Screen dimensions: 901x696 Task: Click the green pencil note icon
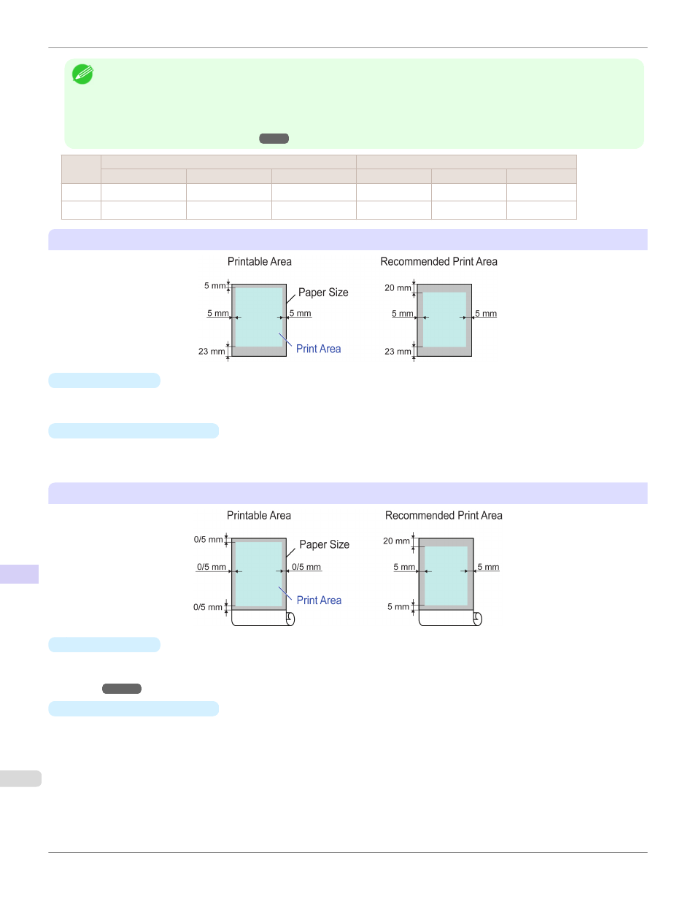pyautogui.click(x=82, y=74)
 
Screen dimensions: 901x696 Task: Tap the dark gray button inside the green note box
pyautogui.click(x=274, y=139)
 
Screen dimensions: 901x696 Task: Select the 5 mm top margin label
pyautogui.click(x=214, y=286)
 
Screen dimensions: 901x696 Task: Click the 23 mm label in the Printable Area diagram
pyautogui.click(x=212, y=352)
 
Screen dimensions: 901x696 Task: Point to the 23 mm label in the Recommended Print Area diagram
pyautogui.click(x=398, y=352)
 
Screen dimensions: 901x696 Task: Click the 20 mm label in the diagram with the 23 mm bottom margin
pyautogui.click(x=398, y=288)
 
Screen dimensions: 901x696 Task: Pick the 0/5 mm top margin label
pyautogui.click(x=208, y=540)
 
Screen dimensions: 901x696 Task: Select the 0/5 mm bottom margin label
pyautogui.click(x=207, y=607)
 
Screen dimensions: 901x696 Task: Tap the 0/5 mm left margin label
pyautogui.click(x=211, y=567)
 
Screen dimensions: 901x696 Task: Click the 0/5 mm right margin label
pyautogui.click(x=306, y=567)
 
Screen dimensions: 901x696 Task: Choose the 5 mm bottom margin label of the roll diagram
pyautogui.click(x=398, y=607)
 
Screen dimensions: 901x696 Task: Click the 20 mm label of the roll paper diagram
pyautogui.click(x=396, y=541)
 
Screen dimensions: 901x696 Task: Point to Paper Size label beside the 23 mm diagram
pyautogui.click(x=323, y=293)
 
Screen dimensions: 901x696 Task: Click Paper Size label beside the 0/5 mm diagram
pyautogui.click(x=324, y=545)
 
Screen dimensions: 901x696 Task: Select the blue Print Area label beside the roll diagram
pyautogui.click(x=319, y=600)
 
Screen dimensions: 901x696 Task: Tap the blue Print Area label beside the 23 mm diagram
pyautogui.click(x=318, y=349)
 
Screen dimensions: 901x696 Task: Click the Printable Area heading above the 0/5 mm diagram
pyautogui.click(x=258, y=516)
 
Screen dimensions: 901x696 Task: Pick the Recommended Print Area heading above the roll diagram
pyautogui.click(x=444, y=516)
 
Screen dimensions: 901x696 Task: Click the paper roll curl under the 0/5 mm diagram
pyautogui.click(x=290, y=619)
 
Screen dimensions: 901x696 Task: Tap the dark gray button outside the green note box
pyautogui.click(x=122, y=689)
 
